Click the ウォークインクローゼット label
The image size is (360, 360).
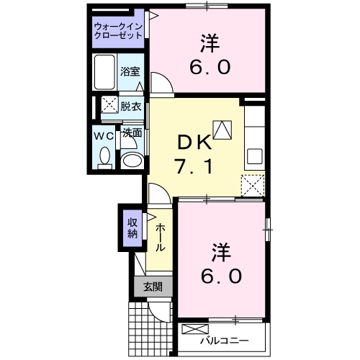[x=119, y=32]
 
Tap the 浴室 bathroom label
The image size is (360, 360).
[x=130, y=73]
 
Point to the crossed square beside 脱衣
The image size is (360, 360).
[x=109, y=104]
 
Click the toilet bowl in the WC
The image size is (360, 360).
[x=105, y=156]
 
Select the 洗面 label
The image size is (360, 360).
[x=130, y=133]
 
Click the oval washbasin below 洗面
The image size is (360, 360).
[x=130, y=160]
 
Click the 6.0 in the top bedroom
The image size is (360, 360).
[x=210, y=68]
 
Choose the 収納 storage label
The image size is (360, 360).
[x=132, y=228]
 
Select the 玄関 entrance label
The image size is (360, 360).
[x=152, y=287]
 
